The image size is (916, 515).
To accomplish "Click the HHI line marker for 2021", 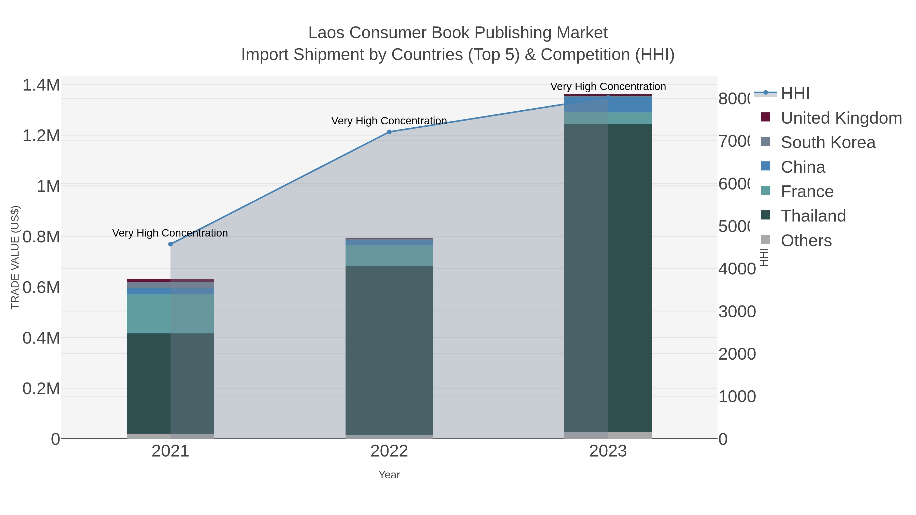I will coord(170,244).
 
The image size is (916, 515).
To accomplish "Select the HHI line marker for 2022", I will coord(389,132).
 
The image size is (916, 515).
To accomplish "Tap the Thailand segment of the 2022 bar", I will coord(389,350).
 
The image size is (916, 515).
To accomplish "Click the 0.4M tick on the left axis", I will coord(41,338).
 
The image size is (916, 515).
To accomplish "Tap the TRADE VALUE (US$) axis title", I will coord(15,257).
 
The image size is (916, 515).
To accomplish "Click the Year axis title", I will coord(389,475).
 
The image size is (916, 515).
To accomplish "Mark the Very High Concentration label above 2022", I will coord(389,121).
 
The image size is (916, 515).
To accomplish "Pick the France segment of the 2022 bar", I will coord(389,255).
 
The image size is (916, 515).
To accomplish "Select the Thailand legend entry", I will coord(813,216).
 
